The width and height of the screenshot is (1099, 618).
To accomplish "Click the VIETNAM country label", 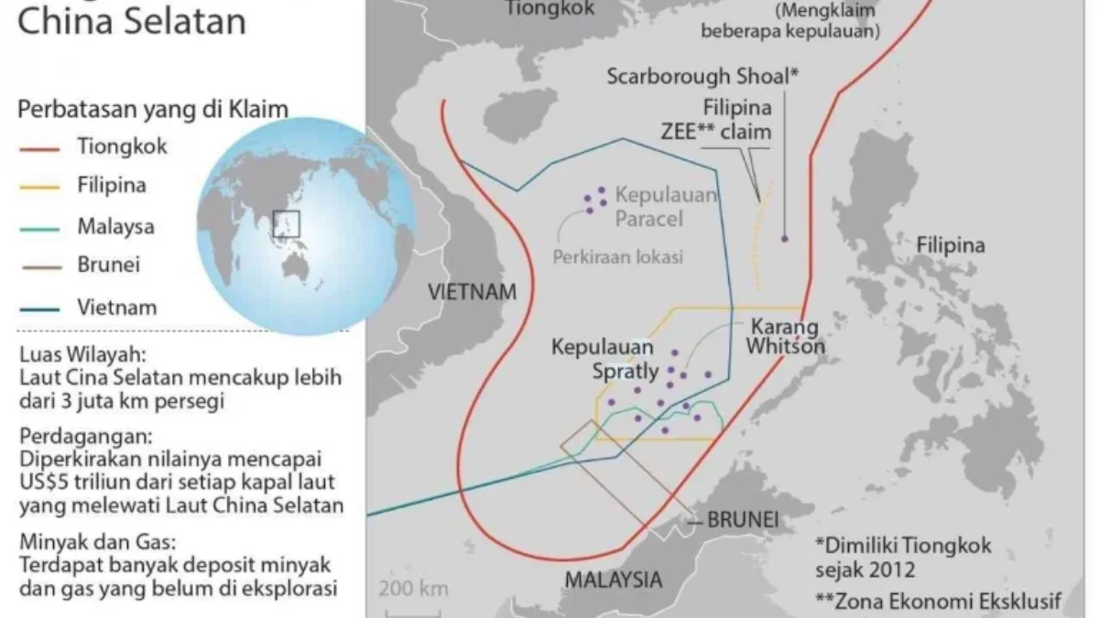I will point(472,292).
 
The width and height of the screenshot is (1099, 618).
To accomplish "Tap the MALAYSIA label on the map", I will point(613,579).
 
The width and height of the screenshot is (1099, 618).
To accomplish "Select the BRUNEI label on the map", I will point(742,520).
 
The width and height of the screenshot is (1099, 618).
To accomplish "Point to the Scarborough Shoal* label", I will point(702,76).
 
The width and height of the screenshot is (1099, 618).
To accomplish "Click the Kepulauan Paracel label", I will point(666,207).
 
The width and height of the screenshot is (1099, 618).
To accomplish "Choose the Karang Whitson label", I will point(785,336).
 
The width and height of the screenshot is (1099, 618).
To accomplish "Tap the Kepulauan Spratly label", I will point(604,360).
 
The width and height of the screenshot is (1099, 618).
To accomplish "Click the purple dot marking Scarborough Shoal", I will point(785,239).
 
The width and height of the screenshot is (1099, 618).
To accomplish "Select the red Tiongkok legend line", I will point(38,147).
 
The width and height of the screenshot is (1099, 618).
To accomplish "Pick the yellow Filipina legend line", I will point(38,188).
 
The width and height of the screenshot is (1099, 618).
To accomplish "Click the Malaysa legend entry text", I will point(115,226).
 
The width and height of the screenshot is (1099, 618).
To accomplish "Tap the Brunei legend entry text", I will point(108,266).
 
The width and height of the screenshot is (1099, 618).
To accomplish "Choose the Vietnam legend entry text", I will point(116,307).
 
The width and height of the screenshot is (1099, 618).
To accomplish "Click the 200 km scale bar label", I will point(414,587).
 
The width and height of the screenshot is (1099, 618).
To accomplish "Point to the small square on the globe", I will point(287,223).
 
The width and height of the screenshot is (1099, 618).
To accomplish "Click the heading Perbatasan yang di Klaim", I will point(153,110).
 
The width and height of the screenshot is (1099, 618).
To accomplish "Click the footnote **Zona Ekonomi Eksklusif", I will point(938,602).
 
